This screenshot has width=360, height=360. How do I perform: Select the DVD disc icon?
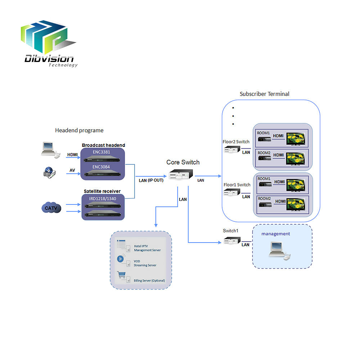(49, 173)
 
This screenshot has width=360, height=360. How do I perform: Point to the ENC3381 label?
(101, 152)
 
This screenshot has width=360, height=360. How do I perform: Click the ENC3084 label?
(101, 167)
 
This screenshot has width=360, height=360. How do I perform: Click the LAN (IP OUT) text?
(151, 180)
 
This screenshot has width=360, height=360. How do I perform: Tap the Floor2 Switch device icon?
(231, 149)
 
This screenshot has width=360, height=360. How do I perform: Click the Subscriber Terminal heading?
(265, 94)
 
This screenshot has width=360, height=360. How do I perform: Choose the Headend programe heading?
(79, 130)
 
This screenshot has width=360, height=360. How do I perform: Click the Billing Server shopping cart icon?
(121, 275)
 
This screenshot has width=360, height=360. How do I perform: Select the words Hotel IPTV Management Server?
(147, 248)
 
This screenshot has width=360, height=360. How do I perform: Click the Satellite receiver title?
(102, 191)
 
